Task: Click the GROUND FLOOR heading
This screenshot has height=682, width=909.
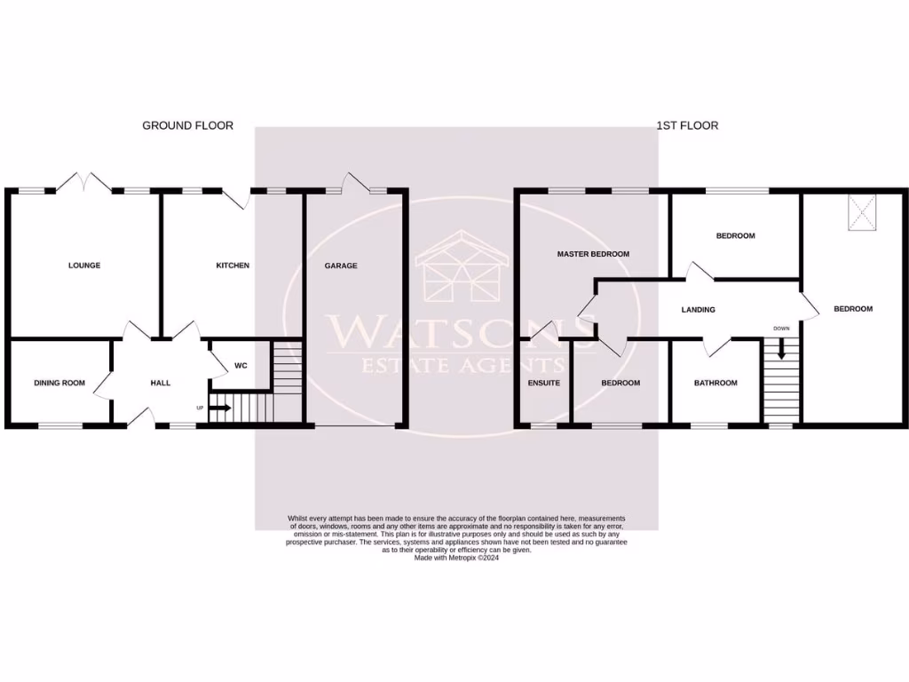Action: click(x=187, y=125)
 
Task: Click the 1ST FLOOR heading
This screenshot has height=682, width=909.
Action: click(x=687, y=125)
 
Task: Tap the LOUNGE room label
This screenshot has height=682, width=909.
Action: click(x=85, y=266)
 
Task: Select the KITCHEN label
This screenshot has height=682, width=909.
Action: click(x=233, y=266)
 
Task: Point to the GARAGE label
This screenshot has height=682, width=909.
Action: click(x=341, y=266)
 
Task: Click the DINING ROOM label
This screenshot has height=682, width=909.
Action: click(x=59, y=383)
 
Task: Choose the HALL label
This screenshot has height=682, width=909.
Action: click(x=160, y=383)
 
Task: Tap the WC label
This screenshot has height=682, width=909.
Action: click(x=241, y=366)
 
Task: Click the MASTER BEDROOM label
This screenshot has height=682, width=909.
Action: click(x=593, y=254)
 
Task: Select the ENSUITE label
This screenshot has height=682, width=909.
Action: click(x=543, y=383)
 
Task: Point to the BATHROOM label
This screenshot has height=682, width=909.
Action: click(x=715, y=383)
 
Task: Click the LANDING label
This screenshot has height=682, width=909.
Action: click(x=698, y=310)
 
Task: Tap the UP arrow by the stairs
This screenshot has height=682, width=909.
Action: click(x=220, y=408)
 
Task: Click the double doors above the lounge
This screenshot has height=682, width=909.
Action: click(x=84, y=183)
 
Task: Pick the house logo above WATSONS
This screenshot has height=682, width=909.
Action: click(x=462, y=266)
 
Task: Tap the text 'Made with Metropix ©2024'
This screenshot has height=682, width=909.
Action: click(x=456, y=558)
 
